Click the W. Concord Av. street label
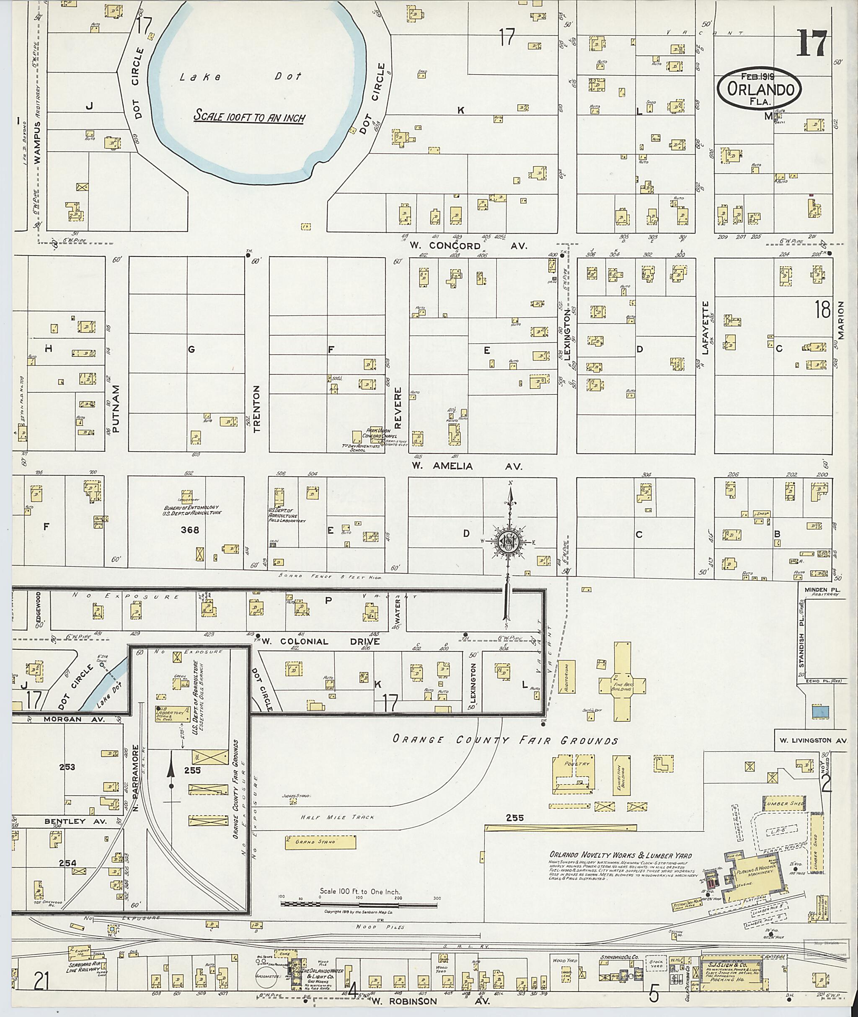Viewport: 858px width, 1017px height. click(468, 246)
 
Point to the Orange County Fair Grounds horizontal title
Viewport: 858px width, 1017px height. click(505, 740)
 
